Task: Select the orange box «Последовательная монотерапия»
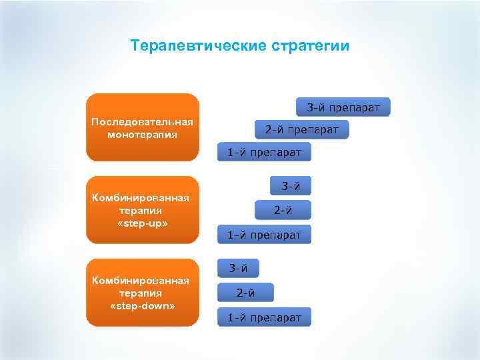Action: (143, 127)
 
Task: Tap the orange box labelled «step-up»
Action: (143, 210)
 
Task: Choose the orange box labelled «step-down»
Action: (143, 293)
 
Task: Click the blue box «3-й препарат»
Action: (343, 107)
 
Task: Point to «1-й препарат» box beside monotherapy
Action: (264, 153)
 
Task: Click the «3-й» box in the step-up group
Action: (290, 186)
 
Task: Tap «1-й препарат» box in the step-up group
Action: (264, 235)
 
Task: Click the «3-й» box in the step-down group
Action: (238, 269)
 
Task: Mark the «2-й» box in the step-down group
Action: (245, 292)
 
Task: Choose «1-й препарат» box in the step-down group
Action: (264, 317)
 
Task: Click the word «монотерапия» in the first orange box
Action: (142, 134)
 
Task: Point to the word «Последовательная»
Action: (142, 122)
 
